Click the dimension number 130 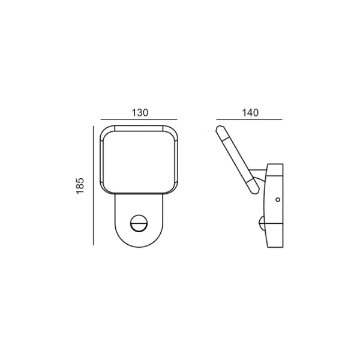140,113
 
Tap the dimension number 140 250,113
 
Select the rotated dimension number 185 80,186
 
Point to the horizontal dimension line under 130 139,119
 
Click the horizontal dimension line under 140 249,119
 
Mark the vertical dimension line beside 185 94,185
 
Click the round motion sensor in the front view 139,223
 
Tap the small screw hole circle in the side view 278,200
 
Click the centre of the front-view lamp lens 139,162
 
